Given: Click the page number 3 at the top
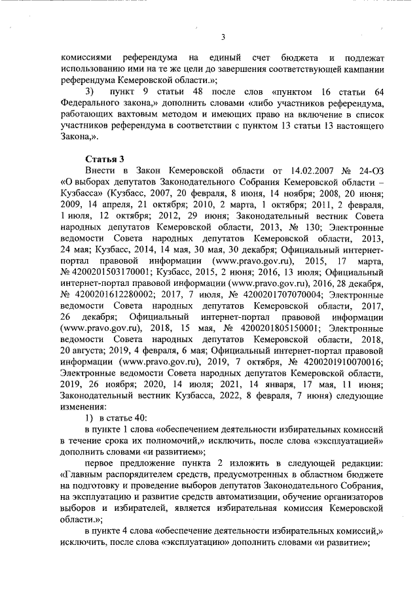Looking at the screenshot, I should point(223,37).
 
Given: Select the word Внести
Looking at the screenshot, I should point(100,171).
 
